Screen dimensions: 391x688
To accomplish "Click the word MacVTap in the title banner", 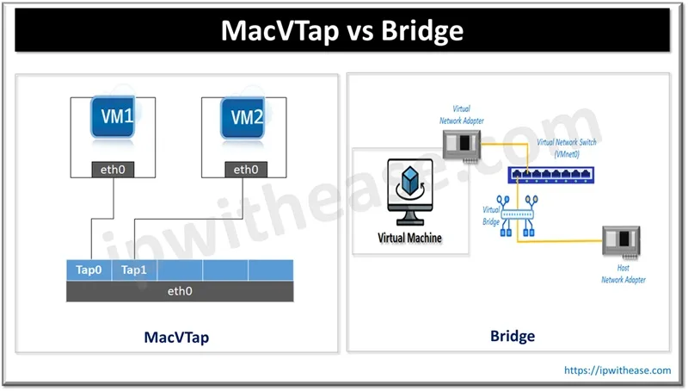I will (277, 31).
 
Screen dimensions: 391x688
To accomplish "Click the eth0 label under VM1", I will (114, 170).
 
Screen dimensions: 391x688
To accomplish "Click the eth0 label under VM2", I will (246, 170).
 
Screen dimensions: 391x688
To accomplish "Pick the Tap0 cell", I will (89, 270).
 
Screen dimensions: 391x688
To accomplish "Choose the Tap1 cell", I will (134, 270).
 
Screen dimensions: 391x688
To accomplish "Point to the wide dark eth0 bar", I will (179, 291).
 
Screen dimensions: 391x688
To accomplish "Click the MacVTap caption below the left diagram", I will (176, 338).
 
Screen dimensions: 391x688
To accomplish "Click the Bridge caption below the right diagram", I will (512, 336).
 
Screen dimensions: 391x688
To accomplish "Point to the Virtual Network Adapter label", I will (463, 115).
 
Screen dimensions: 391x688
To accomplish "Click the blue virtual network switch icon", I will (548, 175).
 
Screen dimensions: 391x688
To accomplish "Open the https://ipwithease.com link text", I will (617, 370).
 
